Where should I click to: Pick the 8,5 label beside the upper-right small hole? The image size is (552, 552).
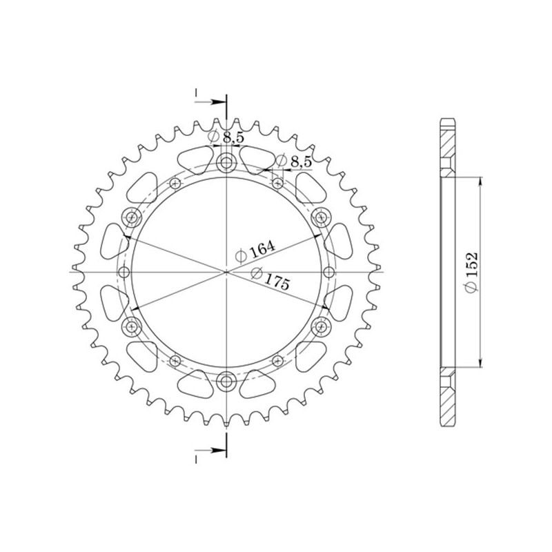(x=294, y=161)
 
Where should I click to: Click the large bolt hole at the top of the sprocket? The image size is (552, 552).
(x=226, y=164)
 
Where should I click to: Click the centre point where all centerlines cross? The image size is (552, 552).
(x=226, y=271)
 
